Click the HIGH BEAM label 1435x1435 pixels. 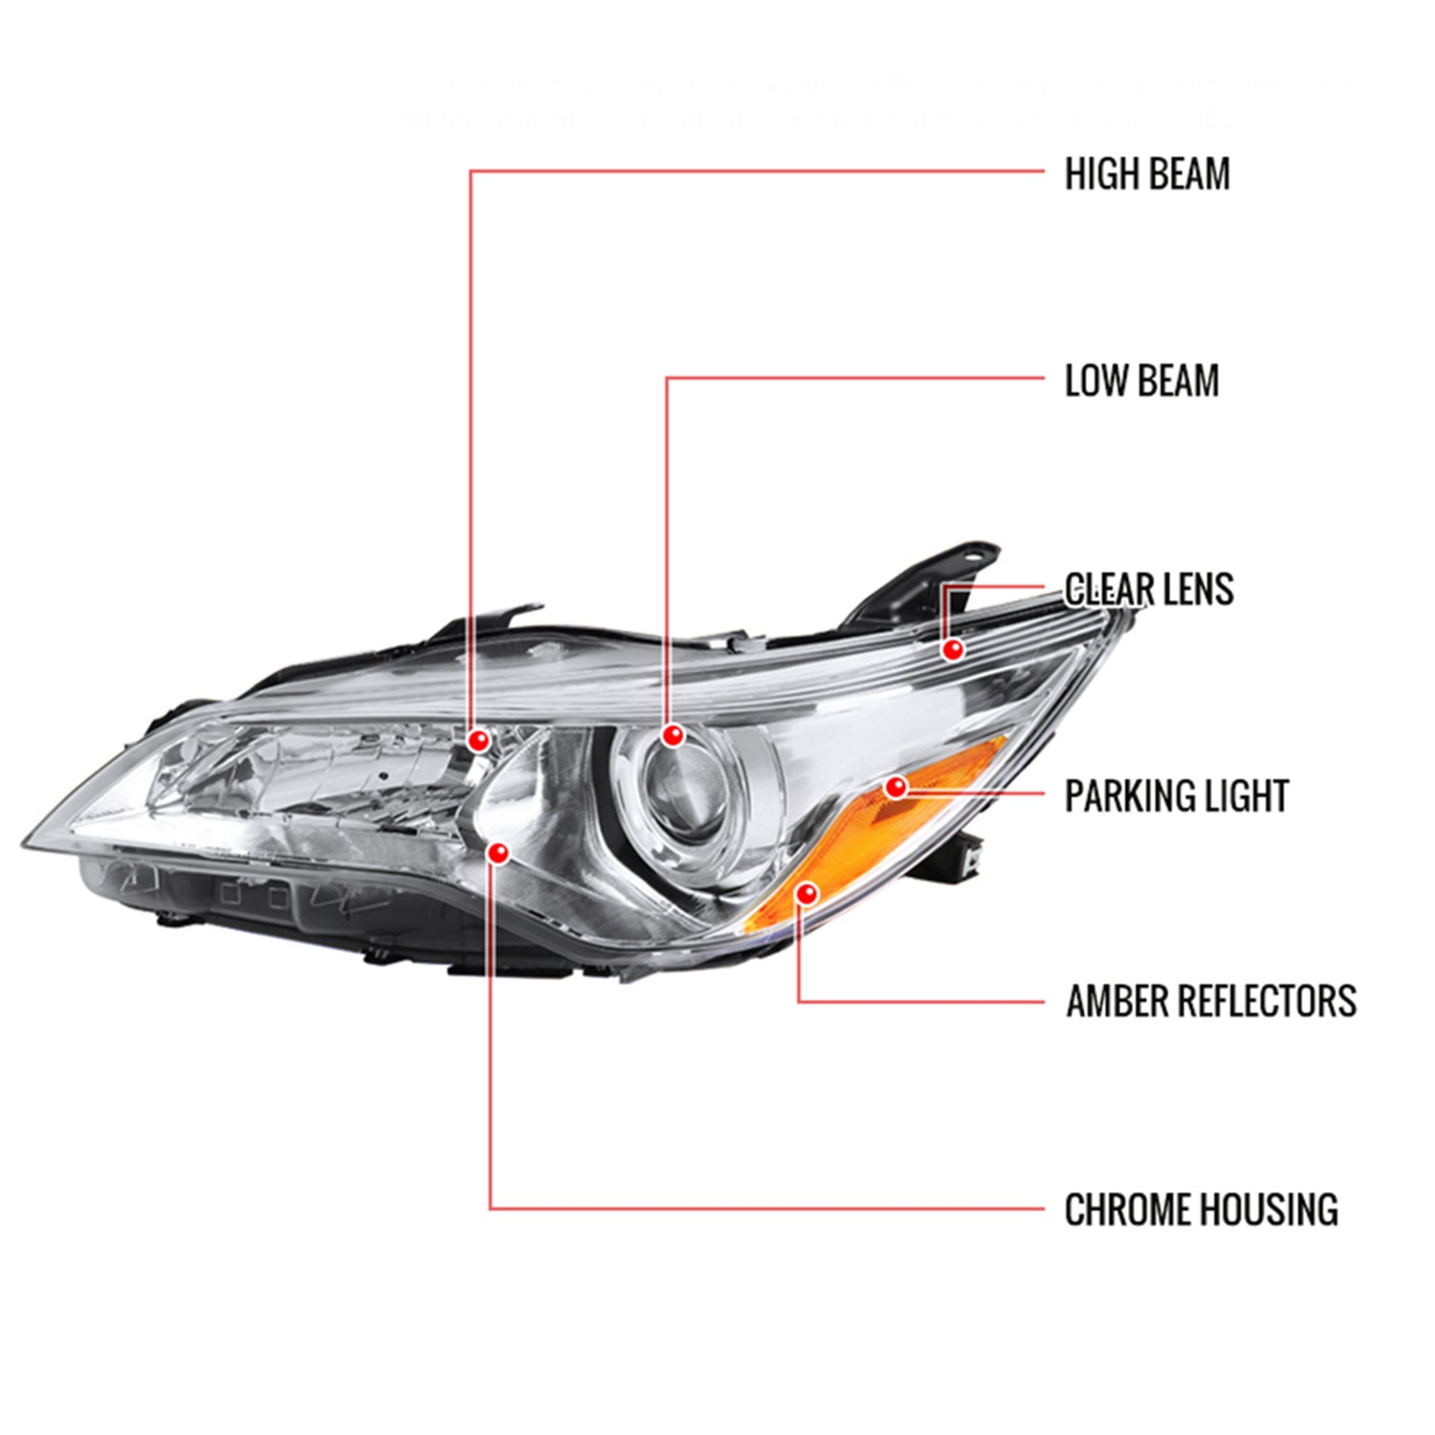point(1146,174)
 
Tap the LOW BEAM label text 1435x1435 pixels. point(1141,381)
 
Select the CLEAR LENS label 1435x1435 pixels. point(1148,589)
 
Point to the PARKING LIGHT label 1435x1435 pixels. point(1176,796)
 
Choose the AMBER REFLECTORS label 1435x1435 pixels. point(1210,1002)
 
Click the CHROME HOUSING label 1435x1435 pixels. point(1201,1209)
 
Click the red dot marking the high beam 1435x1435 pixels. point(478,740)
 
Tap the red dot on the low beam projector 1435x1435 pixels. point(673,736)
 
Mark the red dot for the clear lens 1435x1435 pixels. point(952,650)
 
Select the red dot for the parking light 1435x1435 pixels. point(895,787)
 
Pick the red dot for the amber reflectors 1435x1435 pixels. point(807,894)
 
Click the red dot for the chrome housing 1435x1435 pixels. point(498,851)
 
